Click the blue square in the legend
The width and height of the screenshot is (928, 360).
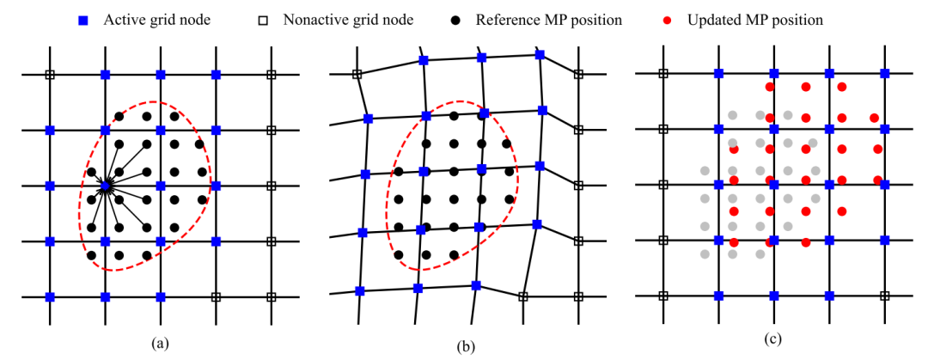click(84, 20)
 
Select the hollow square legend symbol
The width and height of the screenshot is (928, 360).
click(264, 20)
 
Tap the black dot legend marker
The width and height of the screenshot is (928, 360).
click(455, 20)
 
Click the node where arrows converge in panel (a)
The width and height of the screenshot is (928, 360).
click(106, 186)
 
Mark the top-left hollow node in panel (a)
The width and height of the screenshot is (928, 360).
click(50, 75)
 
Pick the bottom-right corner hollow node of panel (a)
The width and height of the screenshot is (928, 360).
click(271, 296)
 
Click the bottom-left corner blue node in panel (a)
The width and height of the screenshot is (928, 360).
click(50, 296)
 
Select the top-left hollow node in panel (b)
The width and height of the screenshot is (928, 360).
click(357, 74)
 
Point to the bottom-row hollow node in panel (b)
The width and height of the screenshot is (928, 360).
click(522, 296)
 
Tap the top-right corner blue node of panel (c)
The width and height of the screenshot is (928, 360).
click(885, 73)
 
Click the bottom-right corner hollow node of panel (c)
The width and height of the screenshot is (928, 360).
click(885, 296)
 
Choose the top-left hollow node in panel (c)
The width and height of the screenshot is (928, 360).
click(663, 73)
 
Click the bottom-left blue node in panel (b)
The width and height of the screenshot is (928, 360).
click(359, 290)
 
